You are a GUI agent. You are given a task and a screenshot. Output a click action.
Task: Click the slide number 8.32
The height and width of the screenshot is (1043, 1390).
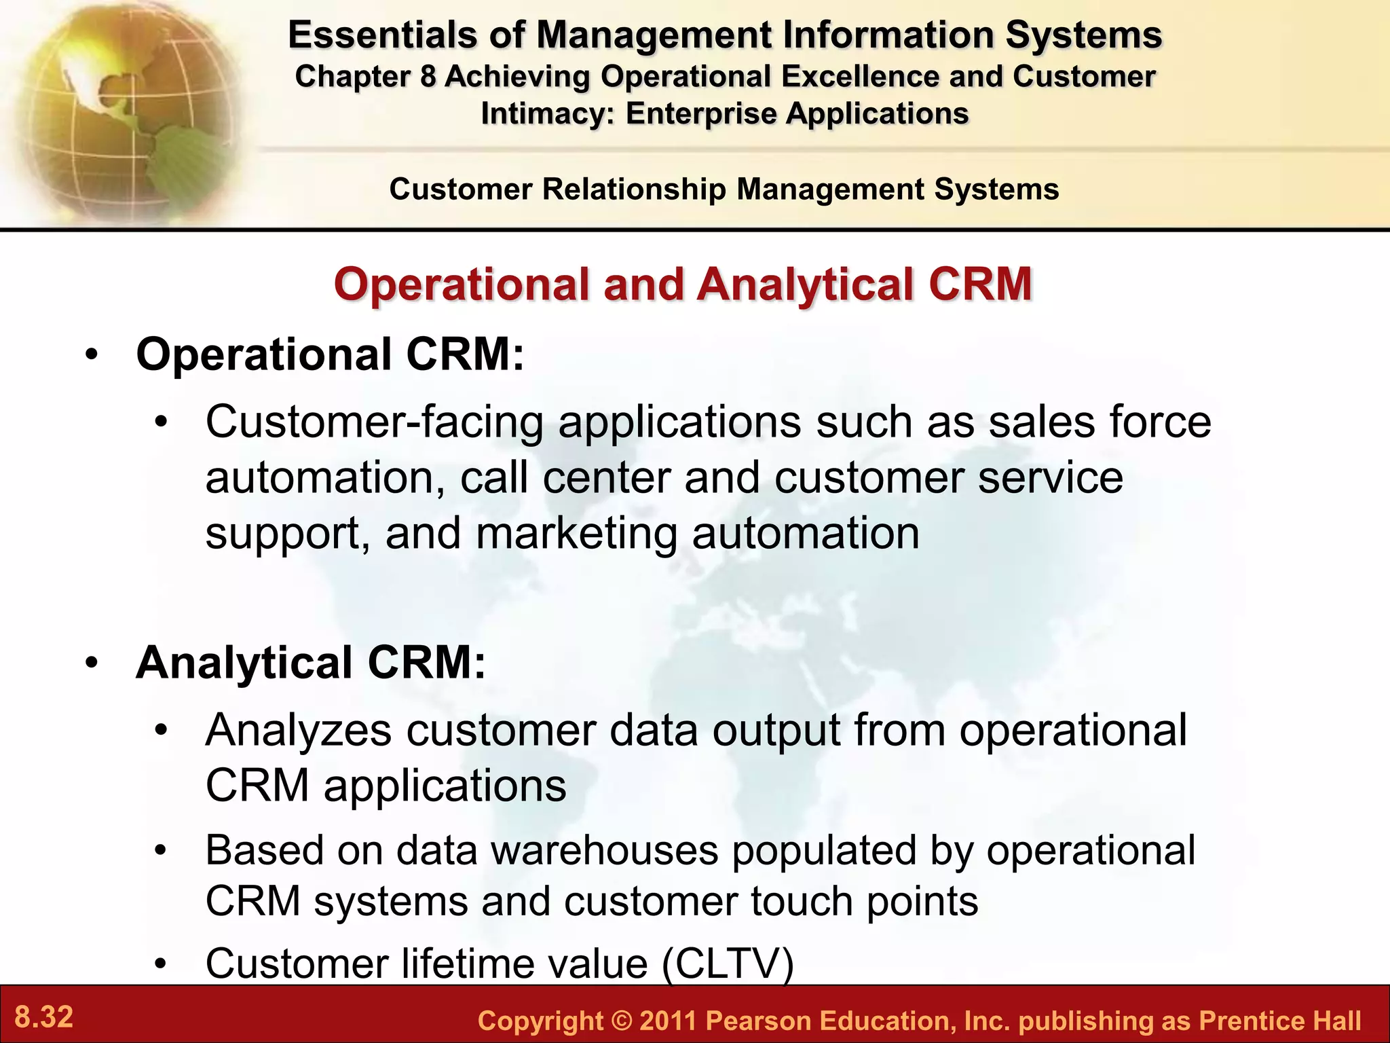point(44,1017)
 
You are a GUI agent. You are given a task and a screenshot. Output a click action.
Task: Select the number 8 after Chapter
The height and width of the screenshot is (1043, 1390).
point(428,77)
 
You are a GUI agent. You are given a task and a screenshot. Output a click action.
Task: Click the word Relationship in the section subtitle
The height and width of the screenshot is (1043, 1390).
point(634,189)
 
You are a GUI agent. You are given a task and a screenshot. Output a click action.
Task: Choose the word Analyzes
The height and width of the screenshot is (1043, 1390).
point(299,731)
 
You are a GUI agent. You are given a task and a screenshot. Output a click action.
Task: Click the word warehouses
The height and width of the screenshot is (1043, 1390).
point(604,850)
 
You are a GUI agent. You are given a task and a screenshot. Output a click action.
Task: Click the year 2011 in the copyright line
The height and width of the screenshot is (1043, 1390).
point(668,1021)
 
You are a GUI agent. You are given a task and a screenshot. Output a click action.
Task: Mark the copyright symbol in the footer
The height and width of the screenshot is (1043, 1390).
point(620,1021)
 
